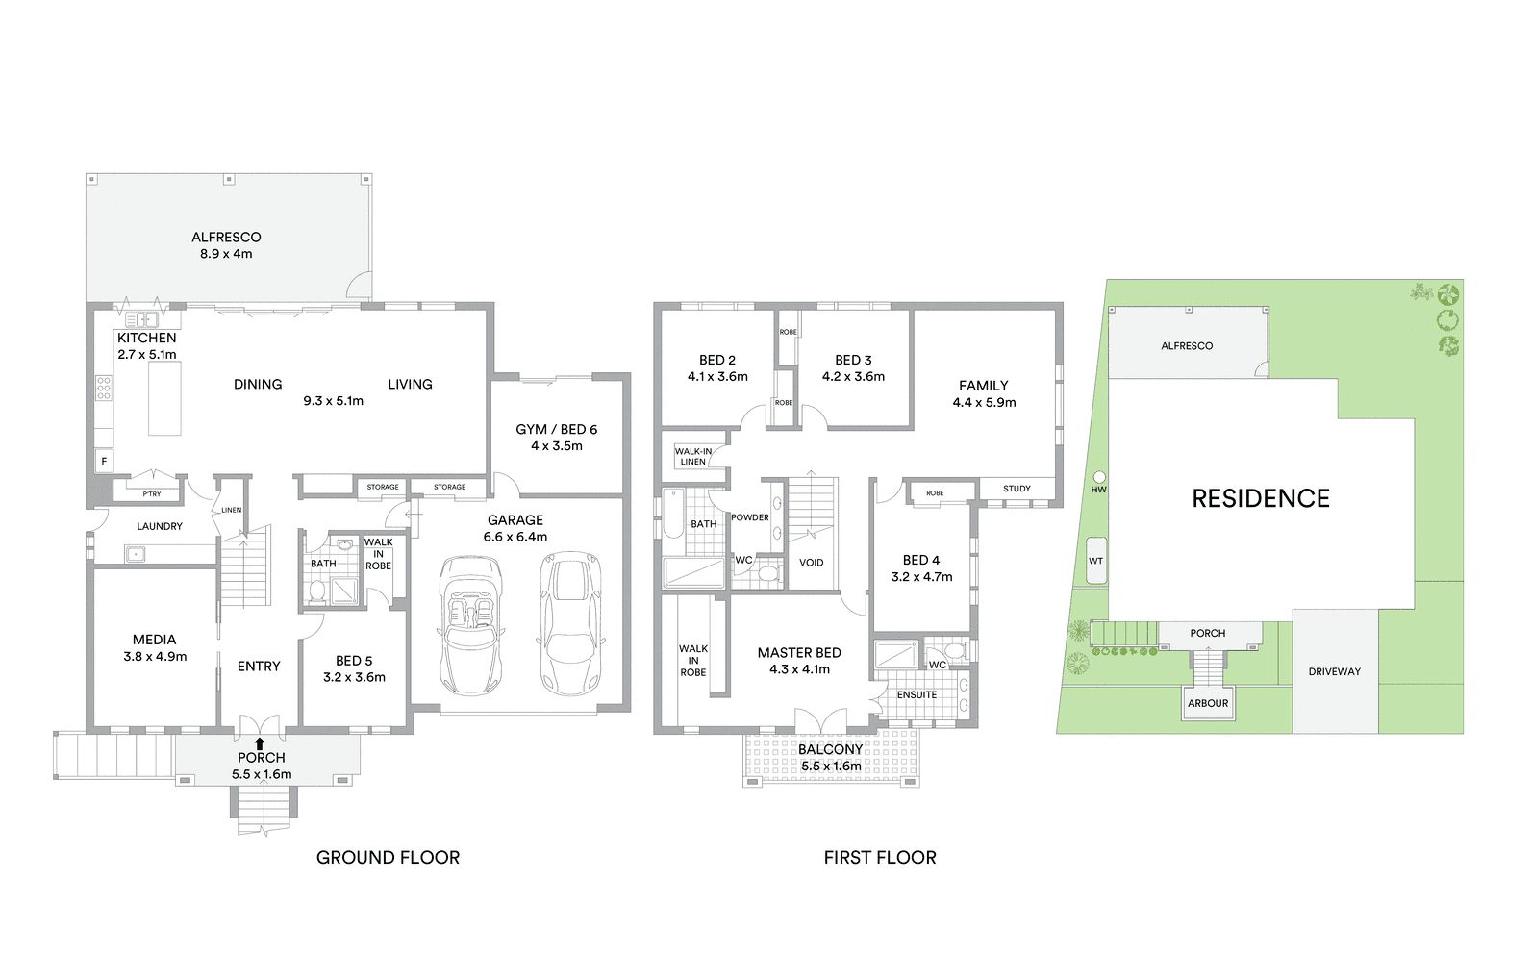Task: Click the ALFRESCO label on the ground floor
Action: pos(226,238)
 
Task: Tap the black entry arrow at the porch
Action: pos(260,743)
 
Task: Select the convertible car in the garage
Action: pos(471,625)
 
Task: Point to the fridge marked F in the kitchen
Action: pos(104,462)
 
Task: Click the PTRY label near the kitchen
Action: pos(152,494)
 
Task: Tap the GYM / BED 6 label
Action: pos(556,430)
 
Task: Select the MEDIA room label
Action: pos(154,640)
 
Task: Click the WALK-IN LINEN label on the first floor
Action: pos(693,456)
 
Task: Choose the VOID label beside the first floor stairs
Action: pos(811,563)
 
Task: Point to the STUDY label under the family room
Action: pos(1017,489)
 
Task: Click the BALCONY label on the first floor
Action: pos(830,750)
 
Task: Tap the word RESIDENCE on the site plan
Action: pos(1260,498)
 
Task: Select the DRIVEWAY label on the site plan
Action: pos(1334,671)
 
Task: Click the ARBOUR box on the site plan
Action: pos(1208,703)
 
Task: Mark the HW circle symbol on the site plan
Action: pos(1099,477)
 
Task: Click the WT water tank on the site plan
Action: pos(1096,561)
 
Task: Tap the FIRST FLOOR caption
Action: pos(880,857)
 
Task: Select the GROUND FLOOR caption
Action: pos(388,857)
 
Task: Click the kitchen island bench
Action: pos(164,398)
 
